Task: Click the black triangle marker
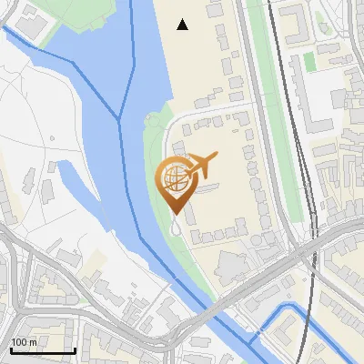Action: click(x=183, y=25)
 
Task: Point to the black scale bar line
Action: click(x=43, y=350)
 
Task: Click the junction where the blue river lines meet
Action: click(x=119, y=118)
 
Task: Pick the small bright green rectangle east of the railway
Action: click(x=308, y=61)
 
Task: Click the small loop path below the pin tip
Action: click(x=175, y=231)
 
